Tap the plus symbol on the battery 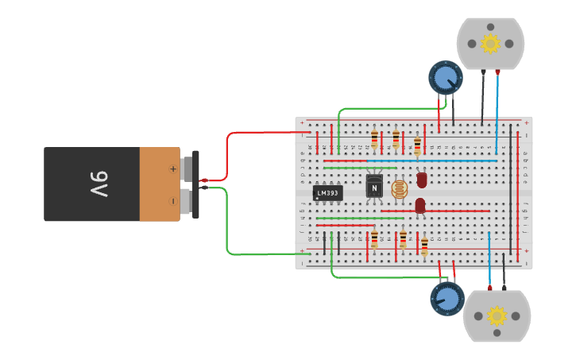pyautogui.click(x=173, y=168)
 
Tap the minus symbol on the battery pyautogui.click(x=173, y=200)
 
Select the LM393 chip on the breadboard pyautogui.click(x=327, y=192)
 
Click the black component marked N pyautogui.click(x=374, y=188)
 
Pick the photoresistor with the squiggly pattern pyautogui.click(x=400, y=189)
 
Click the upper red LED pyautogui.click(x=422, y=180)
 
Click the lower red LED pyautogui.click(x=420, y=206)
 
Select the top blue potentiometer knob pyautogui.click(x=445, y=78)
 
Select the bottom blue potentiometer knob pyautogui.click(x=447, y=299)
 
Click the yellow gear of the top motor pyautogui.click(x=490, y=43)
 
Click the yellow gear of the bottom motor pyautogui.click(x=497, y=316)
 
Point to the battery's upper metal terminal pyautogui.click(x=187, y=168)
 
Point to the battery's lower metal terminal pyautogui.click(x=187, y=200)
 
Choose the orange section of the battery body pyautogui.click(x=159, y=184)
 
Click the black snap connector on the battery pyautogui.click(x=195, y=184)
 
